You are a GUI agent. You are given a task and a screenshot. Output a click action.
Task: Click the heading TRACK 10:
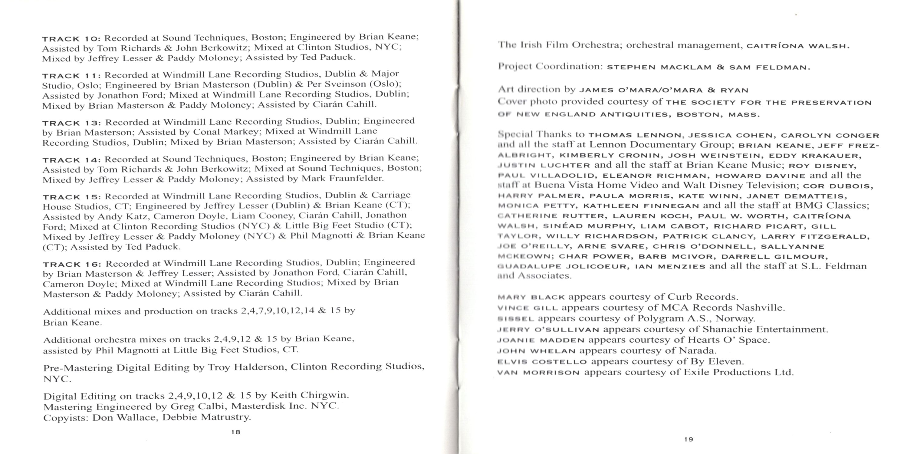(71, 39)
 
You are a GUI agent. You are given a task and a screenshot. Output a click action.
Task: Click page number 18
(236, 432)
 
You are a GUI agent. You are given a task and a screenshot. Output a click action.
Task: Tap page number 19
(689, 439)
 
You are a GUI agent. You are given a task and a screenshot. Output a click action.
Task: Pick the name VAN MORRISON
(538, 373)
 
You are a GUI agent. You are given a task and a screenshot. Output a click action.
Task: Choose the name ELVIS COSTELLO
(542, 362)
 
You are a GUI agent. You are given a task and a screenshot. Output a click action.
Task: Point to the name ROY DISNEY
(822, 166)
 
